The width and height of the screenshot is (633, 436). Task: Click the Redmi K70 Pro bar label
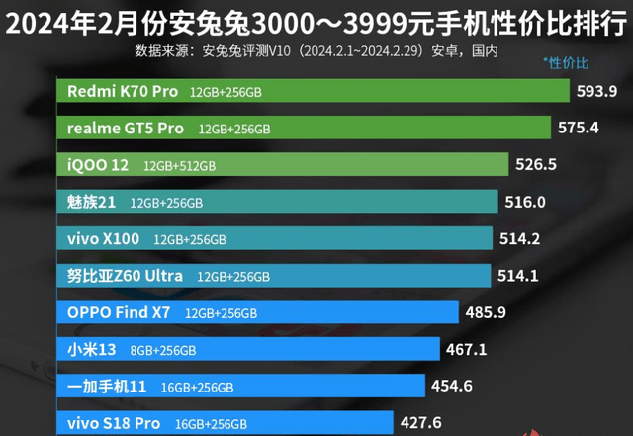pos(123,91)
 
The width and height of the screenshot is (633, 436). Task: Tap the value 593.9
pos(596,91)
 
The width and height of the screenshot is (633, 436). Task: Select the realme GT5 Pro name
pos(126,129)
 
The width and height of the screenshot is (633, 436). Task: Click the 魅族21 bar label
pos(92,202)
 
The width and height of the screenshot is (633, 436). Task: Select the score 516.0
pos(525,202)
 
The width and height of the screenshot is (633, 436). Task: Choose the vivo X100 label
pos(104,238)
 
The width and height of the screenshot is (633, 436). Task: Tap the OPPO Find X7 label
pos(119,312)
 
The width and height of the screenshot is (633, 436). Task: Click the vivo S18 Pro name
pos(113,422)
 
